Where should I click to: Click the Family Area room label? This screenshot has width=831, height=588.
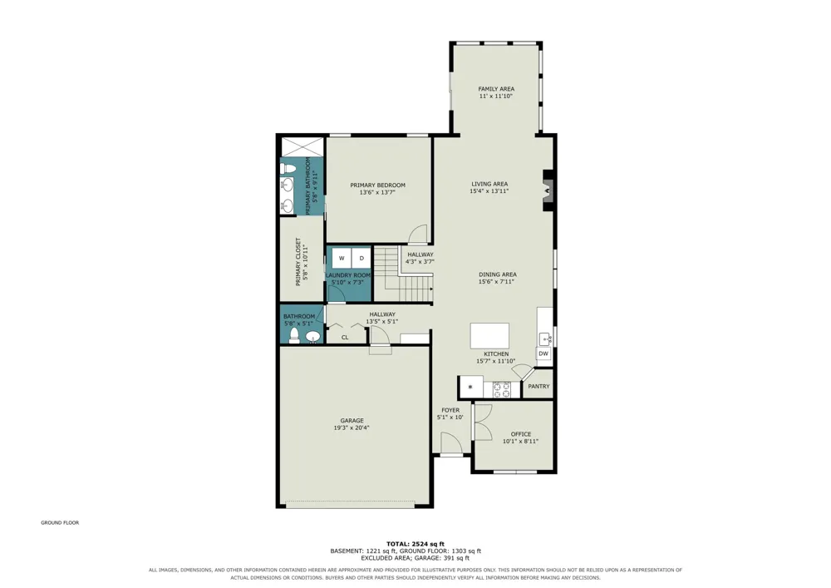[x=496, y=89]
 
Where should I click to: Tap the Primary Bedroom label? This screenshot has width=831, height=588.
[x=377, y=185]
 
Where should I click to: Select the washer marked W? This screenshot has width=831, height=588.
[x=342, y=258]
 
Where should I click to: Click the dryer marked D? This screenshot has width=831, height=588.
[x=361, y=258]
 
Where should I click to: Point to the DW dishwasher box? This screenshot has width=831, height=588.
[x=543, y=353]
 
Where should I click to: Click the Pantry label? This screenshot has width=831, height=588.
[x=539, y=387]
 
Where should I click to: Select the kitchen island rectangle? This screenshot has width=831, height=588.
[x=489, y=336]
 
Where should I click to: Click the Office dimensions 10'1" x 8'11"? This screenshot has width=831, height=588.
[x=520, y=441]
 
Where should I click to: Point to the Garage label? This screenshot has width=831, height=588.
[x=352, y=421]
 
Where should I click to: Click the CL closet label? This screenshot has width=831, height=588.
[x=345, y=337]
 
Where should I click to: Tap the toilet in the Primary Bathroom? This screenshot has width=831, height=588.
[x=288, y=169]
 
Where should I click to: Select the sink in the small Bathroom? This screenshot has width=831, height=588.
[x=313, y=337]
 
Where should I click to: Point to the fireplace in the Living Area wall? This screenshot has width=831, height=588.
[x=548, y=190]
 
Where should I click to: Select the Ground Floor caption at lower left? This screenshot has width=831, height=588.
[x=60, y=523]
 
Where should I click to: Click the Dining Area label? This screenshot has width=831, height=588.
[x=498, y=274]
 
